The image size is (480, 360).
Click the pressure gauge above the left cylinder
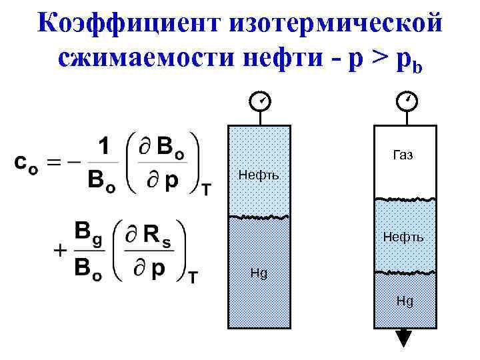click(x=259, y=101)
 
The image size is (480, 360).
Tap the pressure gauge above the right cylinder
click(x=406, y=101)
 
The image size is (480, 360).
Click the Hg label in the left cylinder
click(x=259, y=273)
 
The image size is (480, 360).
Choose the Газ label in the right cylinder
click(x=403, y=155)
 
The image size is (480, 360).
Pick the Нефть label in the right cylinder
click(x=403, y=236)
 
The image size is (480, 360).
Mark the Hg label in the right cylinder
click(x=405, y=301)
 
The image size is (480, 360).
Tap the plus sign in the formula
click(x=60, y=251)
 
